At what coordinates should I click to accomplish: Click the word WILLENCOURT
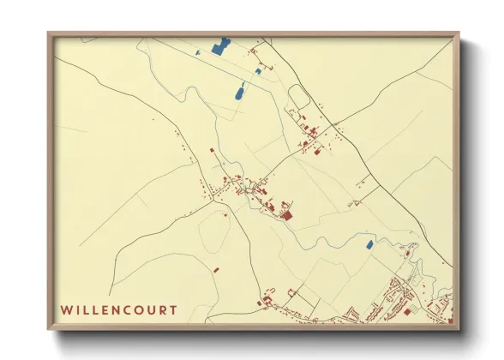click(x=119, y=309)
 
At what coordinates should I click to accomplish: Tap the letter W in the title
click(x=65, y=309)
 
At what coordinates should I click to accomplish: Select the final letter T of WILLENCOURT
click(x=174, y=309)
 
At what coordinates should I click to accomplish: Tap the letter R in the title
click(x=164, y=309)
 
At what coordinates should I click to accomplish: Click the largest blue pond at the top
click(x=220, y=46)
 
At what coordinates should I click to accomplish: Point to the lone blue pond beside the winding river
click(x=369, y=245)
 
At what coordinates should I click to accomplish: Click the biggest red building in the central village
click(x=286, y=214)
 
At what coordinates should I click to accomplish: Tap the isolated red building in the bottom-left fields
click(x=217, y=270)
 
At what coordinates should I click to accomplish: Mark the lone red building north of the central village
click(x=212, y=151)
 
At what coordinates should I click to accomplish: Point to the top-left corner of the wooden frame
click(x=48, y=33)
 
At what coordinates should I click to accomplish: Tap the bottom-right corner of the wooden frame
click(x=459, y=328)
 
